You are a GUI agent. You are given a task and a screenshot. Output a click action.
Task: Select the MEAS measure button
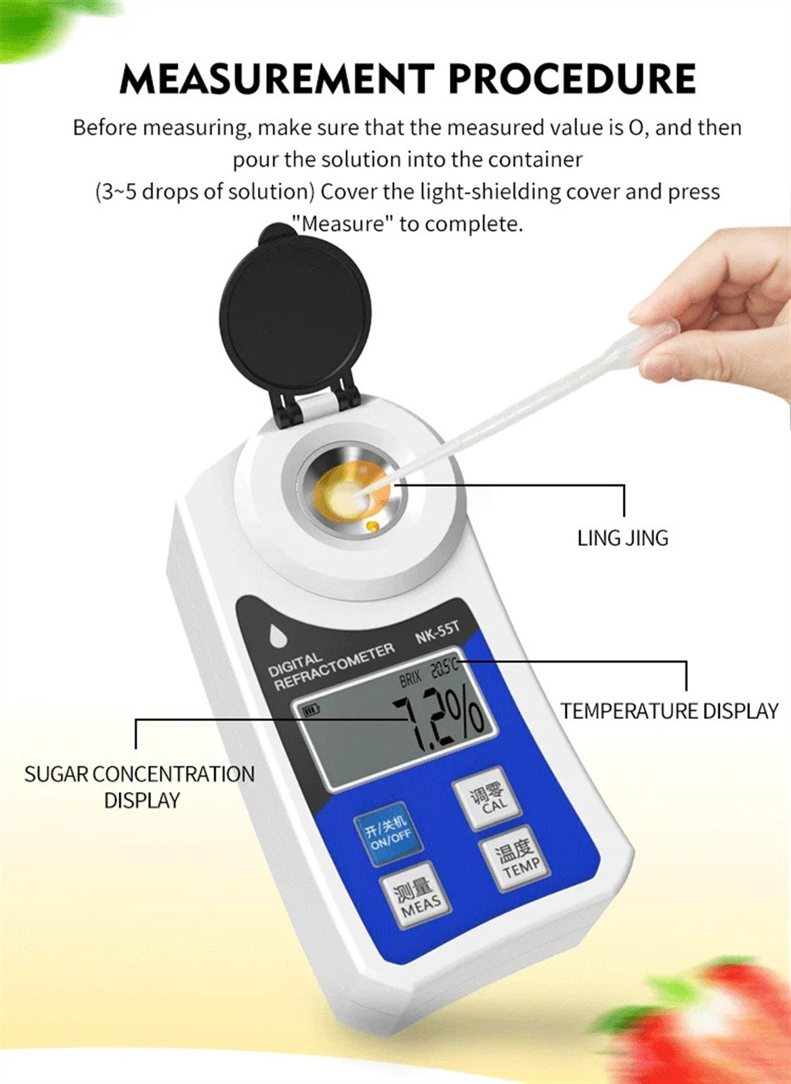415,896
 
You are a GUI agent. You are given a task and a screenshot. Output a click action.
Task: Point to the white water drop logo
277,636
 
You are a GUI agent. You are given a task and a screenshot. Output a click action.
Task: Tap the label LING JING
622,538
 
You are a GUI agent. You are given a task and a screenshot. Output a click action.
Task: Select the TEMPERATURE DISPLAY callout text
669,711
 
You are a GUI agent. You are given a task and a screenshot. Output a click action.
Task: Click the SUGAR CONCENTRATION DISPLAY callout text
140,787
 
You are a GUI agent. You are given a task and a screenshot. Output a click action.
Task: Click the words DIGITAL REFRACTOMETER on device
331,667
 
